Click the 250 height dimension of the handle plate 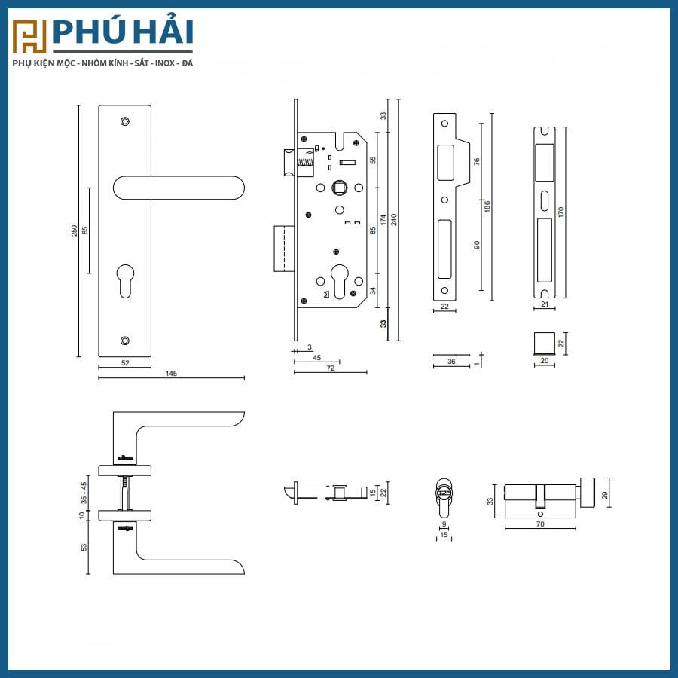pyautogui.click(x=74, y=231)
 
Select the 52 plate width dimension pyautogui.click(x=125, y=363)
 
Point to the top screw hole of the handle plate pyautogui.click(x=126, y=121)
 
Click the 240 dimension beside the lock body pyautogui.click(x=393, y=219)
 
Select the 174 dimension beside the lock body pyautogui.click(x=383, y=219)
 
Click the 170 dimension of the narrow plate pyautogui.click(x=560, y=212)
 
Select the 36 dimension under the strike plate pyautogui.click(x=450, y=362)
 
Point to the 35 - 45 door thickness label pyautogui.click(x=84, y=492)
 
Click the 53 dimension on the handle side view pyautogui.click(x=84, y=546)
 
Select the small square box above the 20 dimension pyautogui.click(x=543, y=343)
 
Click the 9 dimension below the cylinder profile pyautogui.click(x=444, y=524)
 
